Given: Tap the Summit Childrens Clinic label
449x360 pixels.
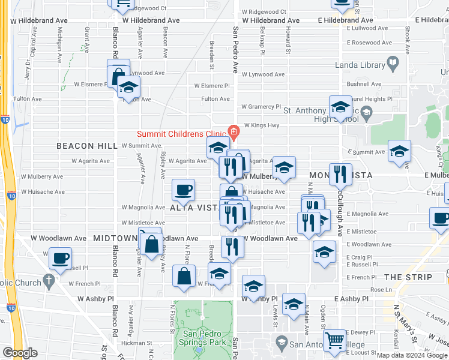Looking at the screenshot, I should (x=181, y=133).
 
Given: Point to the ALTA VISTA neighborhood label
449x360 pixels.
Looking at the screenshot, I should (x=193, y=208).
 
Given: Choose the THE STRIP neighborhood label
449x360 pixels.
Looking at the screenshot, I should (x=408, y=277).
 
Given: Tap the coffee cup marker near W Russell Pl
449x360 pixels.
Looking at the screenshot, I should (x=59, y=259).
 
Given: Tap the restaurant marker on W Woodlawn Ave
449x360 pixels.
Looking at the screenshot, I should (x=232, y=245).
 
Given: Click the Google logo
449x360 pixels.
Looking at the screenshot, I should (x=20, y=353).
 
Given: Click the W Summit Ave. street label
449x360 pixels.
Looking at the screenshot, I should (x=142, y=146).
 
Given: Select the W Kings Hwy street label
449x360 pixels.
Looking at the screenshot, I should (x=261, y=125).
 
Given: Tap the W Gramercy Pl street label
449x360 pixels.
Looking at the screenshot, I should (x=261, y=107).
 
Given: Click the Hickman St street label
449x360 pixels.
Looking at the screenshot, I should (x=134, y=343).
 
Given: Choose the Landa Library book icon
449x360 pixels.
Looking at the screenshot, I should (x=393, y=62).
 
